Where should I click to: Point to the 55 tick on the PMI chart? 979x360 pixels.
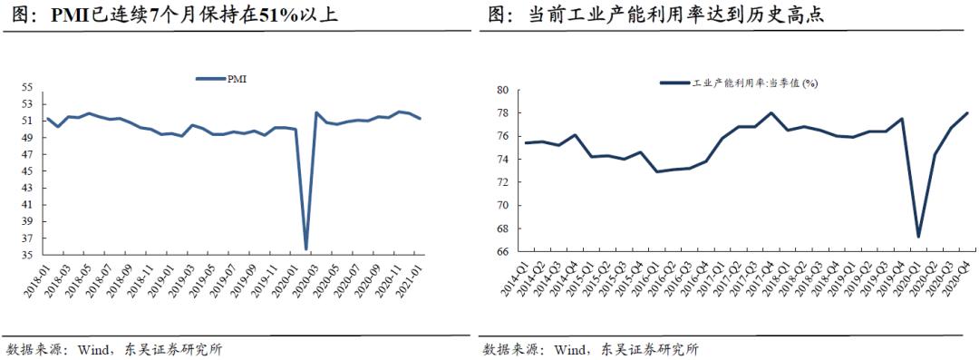[27, 88]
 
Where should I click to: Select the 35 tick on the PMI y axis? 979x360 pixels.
[27, 256]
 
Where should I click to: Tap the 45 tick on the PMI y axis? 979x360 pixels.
[27, 171]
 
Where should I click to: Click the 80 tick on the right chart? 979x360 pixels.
[501, 90]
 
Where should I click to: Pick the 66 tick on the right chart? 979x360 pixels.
[501, 252]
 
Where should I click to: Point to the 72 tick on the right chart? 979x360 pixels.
[501, 182]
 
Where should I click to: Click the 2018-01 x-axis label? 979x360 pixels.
[34, 281]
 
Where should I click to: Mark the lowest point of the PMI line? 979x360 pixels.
[306, 249]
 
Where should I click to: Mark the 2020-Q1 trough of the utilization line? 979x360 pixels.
[918, 237]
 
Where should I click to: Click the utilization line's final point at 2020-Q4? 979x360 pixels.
[967, 113]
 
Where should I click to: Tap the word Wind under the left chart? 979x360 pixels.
[95, 349]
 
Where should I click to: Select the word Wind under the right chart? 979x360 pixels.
[573, 349]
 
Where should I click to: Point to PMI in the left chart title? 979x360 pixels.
[71, 15]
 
